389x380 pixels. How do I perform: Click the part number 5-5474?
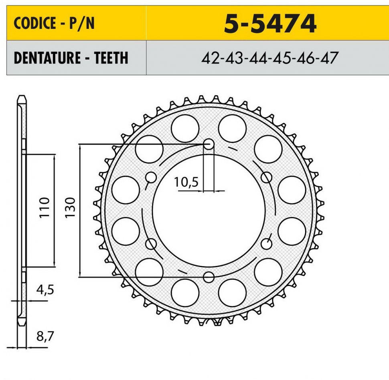coord(270,24)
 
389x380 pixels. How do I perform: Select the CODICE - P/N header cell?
coord(77,23)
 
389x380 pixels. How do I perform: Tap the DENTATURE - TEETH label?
coord(71,58)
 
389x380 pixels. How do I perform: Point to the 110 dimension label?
coord(45,207)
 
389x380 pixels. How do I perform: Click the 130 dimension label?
coord(70,207)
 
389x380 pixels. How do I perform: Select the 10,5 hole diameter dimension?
coord(186,182)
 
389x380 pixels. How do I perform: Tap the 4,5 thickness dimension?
coord(45,290)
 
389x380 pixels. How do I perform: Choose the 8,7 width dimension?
coord(45,336)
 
